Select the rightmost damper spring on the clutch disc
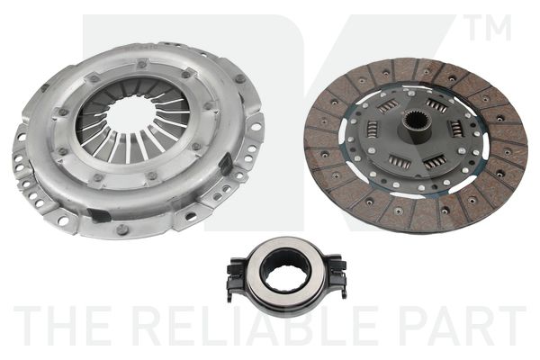(456, 128)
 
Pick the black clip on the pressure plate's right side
(227, 164)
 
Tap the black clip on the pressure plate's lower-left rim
(99, 215)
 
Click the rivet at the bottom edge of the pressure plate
(121, 229)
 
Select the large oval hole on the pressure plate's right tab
(256, 127)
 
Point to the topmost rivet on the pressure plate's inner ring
(141, 64)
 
